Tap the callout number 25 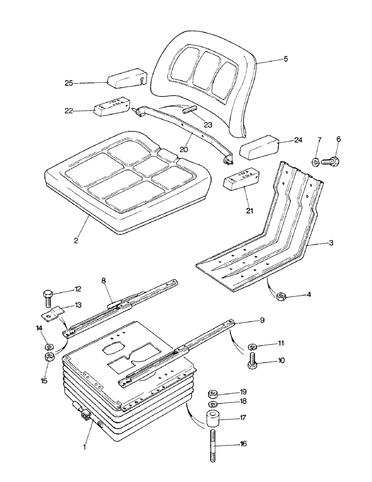(69, 83)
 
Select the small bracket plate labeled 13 (52, 314)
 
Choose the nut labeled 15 (48, 358)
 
